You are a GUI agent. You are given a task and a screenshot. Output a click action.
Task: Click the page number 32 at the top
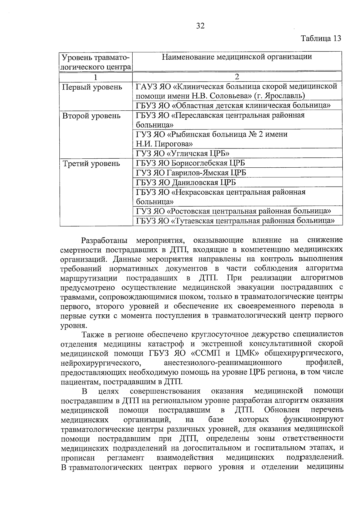pyautogui.click(x=200, y=26)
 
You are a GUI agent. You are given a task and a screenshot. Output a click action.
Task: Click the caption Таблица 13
pyautogui.click(x=321, y=38)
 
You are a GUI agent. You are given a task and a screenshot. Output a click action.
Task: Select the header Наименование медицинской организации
pyautogui.click(x=237, y=57)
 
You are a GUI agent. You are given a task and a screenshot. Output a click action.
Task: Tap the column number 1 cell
pyautogui.click(x=95, y=77)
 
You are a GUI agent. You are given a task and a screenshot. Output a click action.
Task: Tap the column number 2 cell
pyautogui.click(x=237, y=77)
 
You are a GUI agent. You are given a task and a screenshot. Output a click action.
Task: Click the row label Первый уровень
pyautogui.click(x=92, y=87)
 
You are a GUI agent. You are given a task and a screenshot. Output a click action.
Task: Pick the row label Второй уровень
pyautogui.click(x=91, y=116)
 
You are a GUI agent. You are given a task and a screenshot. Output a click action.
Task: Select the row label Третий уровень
pyautogui.click(x=91, y=163)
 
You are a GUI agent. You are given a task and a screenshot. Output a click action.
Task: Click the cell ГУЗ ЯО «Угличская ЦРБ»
pyautogui.click(x=183, y=154)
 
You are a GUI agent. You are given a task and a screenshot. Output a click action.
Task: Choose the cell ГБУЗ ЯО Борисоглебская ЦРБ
pyautogui.click(x=190, y=163)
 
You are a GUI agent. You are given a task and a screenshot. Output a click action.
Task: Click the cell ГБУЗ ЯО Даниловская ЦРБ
pyautogui.click(x=186, y=182)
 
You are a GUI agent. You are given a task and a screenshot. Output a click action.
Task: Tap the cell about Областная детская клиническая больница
pyautogui.click(x=233, y=105)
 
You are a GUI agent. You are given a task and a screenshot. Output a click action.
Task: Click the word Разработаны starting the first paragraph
pyautogui.click(x=105, y=241)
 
